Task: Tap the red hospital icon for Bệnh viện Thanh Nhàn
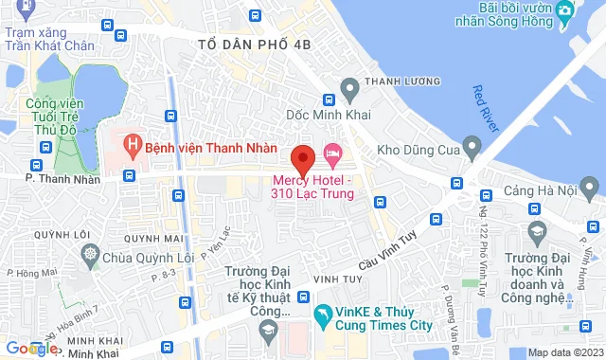tap(134, 147)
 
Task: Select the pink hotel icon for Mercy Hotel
tap(332, 152)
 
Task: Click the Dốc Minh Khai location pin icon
tap(349, 91)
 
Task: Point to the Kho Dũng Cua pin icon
tap(472, 147)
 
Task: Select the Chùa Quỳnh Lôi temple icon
tap(91, 256)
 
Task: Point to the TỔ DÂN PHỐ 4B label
tap(255, 45)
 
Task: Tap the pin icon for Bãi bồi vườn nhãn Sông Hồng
tap(565, 11)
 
